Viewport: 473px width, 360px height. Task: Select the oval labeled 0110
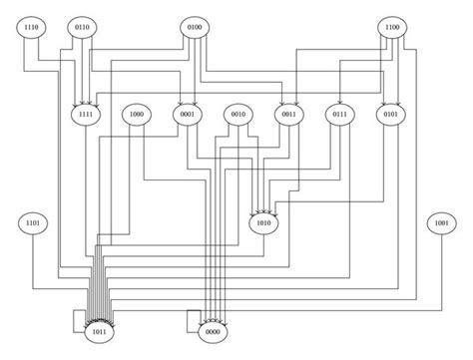pyautogui.click(x=84, y=27)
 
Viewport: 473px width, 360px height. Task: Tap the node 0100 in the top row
pyautogui.click(x=193, y=27)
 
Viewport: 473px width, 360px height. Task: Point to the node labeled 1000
pyautogui.click(x=138, y=116)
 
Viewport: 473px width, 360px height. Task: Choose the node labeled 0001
pyautogui.click(x=187, y=116)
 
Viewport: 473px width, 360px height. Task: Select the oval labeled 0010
pyautogui.click(x=238, y=116)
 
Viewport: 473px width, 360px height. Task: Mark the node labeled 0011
pyautogui.click(x=289, y=116)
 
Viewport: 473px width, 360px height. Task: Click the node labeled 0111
pyautogui.click(x=341, y=116)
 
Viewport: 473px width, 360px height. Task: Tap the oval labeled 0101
pyautogui.click(x=391, y=116)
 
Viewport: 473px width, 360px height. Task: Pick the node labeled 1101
pyautogui.click(x=33, y=222)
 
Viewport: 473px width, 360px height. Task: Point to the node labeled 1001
pyautogui.click(x=439, y=222)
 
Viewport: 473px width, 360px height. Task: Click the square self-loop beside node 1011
pyautogui.click(x=74, y=320)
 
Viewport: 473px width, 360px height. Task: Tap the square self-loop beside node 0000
pyautogui.click(x=190, y=320)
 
